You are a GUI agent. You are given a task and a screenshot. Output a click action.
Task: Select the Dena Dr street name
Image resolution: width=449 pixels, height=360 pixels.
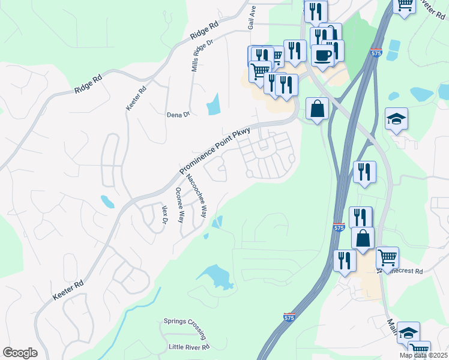tap(178, 113)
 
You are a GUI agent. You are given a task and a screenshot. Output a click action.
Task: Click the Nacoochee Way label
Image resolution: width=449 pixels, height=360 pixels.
tap(196, 196)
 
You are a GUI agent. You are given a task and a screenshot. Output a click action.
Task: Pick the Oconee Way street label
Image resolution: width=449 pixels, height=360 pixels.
tap(179, 205)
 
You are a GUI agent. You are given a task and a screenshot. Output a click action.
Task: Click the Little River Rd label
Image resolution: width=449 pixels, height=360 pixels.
tap(188, 347)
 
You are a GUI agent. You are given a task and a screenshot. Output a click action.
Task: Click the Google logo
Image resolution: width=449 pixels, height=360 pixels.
tap(20, 352)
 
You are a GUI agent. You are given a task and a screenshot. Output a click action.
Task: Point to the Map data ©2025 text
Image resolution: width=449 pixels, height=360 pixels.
tap(423, 355)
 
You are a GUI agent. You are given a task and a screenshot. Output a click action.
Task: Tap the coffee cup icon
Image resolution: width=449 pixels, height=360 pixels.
tap(322, 55)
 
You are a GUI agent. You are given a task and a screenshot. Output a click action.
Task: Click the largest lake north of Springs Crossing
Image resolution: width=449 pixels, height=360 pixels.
tap(216, 277)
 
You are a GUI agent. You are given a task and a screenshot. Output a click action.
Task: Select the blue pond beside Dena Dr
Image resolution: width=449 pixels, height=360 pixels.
tap(213, 105)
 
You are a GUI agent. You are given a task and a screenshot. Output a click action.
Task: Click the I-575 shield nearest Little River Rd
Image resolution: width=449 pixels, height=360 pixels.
tap(289, 316)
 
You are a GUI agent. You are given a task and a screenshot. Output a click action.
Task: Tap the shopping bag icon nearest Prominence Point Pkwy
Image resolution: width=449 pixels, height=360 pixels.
tap(317, 109)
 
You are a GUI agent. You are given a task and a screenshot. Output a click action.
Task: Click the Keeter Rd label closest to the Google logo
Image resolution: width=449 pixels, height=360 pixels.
tap(68, 289)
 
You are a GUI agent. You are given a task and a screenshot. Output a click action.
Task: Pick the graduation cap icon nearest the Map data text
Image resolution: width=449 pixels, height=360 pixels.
tap(408, 333)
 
